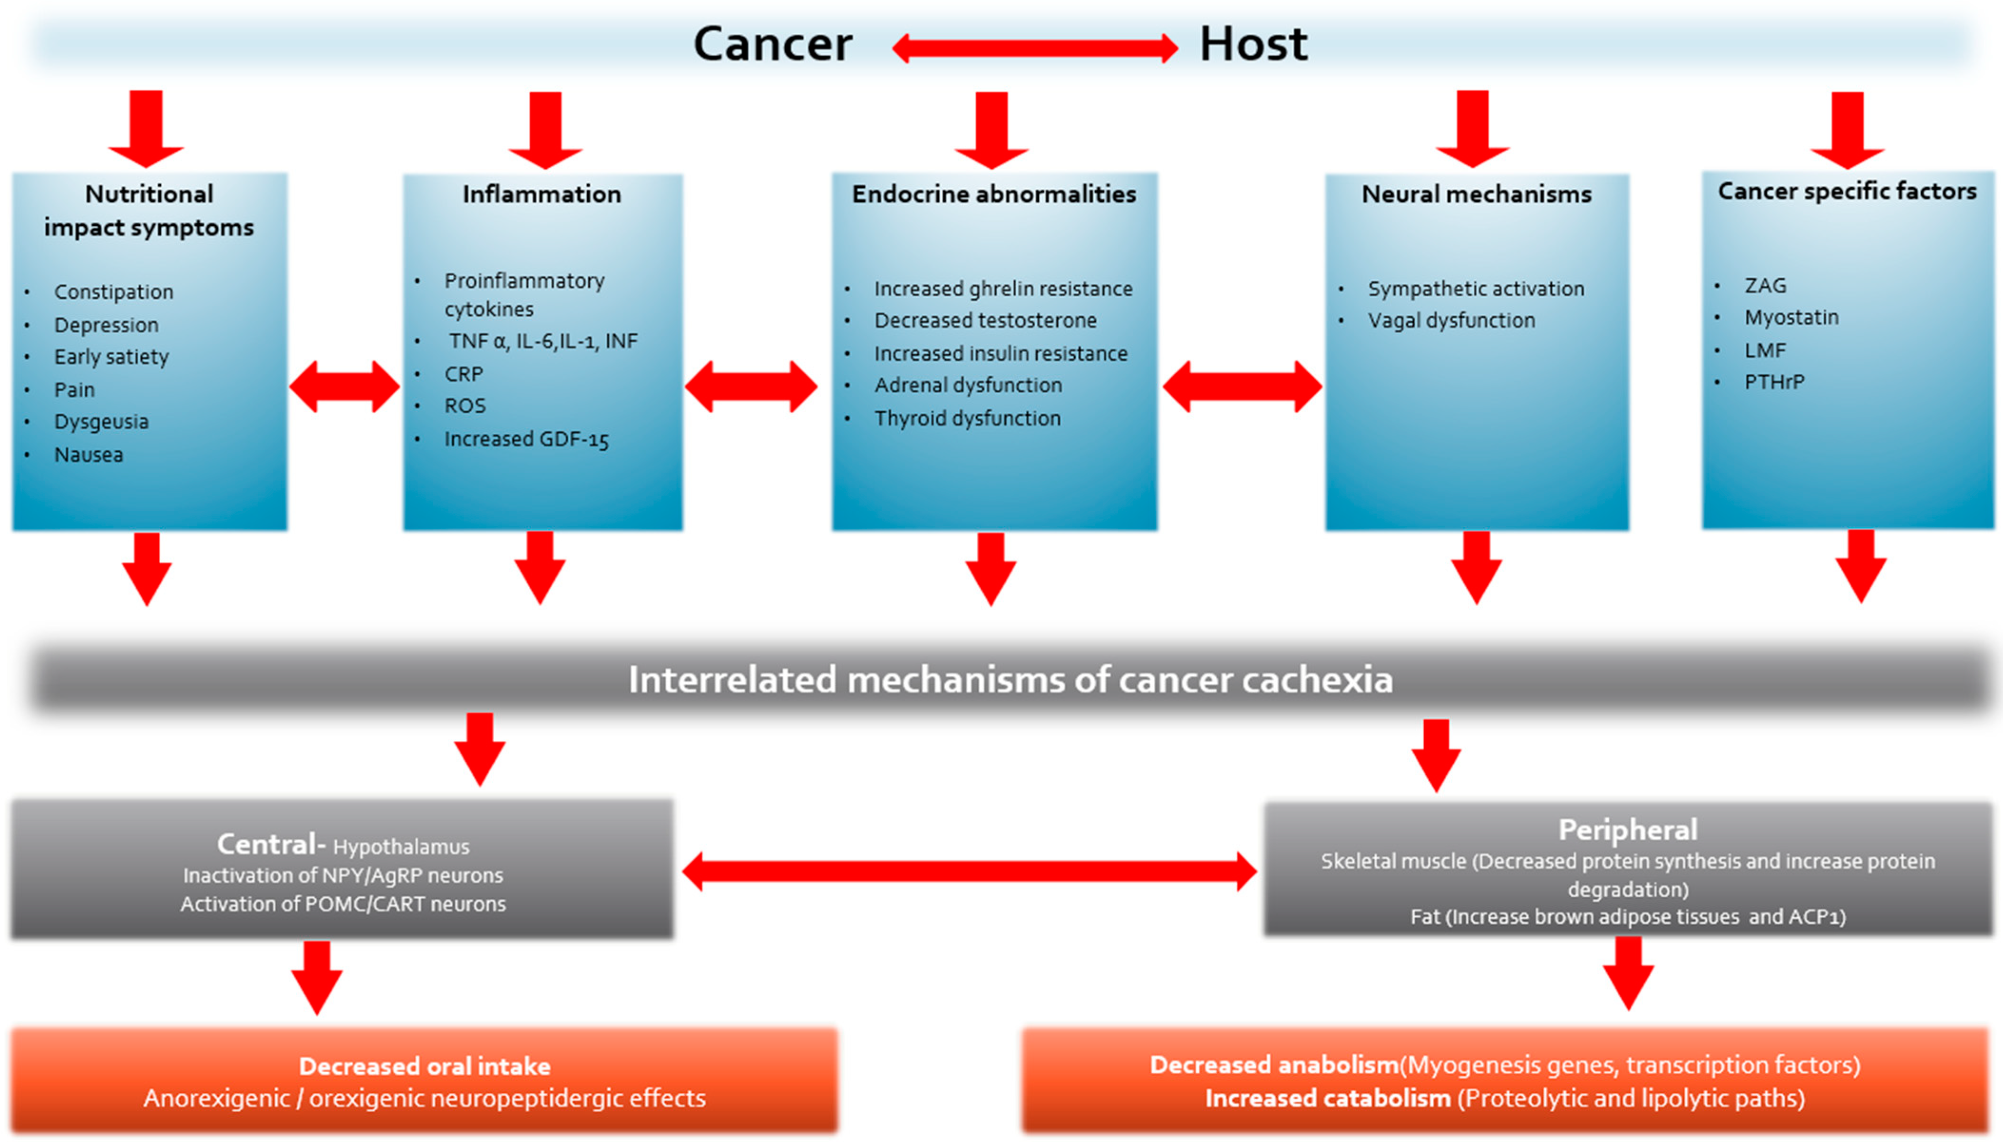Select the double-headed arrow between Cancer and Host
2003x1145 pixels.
(x=1034, y=48)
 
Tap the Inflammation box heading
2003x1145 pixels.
(x=541, y=194)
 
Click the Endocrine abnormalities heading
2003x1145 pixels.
(x=993, y=194)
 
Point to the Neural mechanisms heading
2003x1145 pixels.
(x=1476, y=194)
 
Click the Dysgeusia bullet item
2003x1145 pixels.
(x=101, y=421)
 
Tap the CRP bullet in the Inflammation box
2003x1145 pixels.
(x=463, y=374)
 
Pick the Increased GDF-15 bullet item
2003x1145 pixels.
(x=526, y=439)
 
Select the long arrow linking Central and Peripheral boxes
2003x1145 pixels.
(x=969, y=871)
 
